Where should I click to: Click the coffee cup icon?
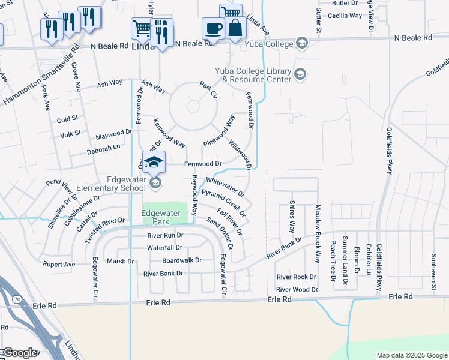[x=212, y=28]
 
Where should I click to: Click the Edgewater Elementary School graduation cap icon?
[x=154, y=162]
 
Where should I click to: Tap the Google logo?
[x=20, y=353]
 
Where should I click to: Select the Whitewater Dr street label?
[x=225, y=187]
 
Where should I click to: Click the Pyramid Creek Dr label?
[x=223, y=202]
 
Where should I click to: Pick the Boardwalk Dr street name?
[x=182, y=260]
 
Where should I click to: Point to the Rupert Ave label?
[x=59, y=264]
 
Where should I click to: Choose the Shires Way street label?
[x=292, y=217]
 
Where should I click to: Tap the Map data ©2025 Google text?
[x=412, y=355]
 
